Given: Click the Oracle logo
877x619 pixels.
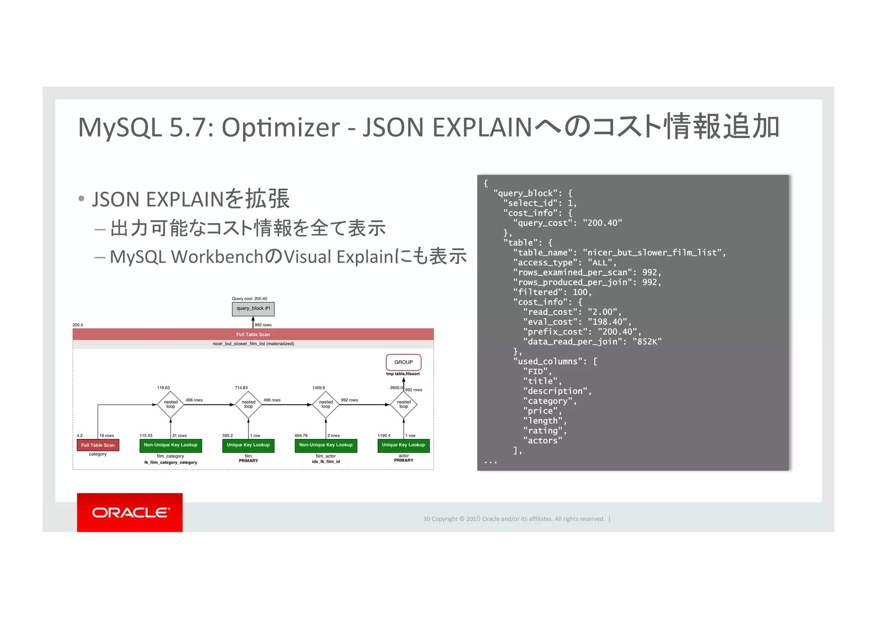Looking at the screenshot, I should pos(130,512).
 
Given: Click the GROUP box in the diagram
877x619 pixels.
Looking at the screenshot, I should pos(403,362).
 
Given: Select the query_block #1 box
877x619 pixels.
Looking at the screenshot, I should pos(253,308).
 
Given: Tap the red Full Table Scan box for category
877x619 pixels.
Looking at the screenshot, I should pos(98,445).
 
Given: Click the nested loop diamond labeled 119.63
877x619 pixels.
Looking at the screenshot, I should pos(170,404).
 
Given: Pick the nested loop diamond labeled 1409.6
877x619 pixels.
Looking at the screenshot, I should pos(325,404).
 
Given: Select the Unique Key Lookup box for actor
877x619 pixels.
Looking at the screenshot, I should pos(403,445).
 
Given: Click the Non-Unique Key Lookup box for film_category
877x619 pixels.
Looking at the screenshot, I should pos(170,445).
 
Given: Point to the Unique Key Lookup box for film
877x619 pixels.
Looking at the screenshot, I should pos(248,445).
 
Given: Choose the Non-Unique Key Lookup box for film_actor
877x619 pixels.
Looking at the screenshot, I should pos(325,445).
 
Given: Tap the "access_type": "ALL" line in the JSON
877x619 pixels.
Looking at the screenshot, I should pos(564,263).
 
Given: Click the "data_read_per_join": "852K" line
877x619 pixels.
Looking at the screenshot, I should pos(592,341).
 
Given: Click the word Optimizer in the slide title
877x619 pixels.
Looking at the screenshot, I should pos(280,127).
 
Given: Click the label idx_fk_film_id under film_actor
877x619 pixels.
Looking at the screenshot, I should pos(325,462).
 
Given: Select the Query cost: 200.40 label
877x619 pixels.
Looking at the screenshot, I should pos(249,299).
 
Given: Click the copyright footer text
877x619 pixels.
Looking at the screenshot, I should pos(513,519).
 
